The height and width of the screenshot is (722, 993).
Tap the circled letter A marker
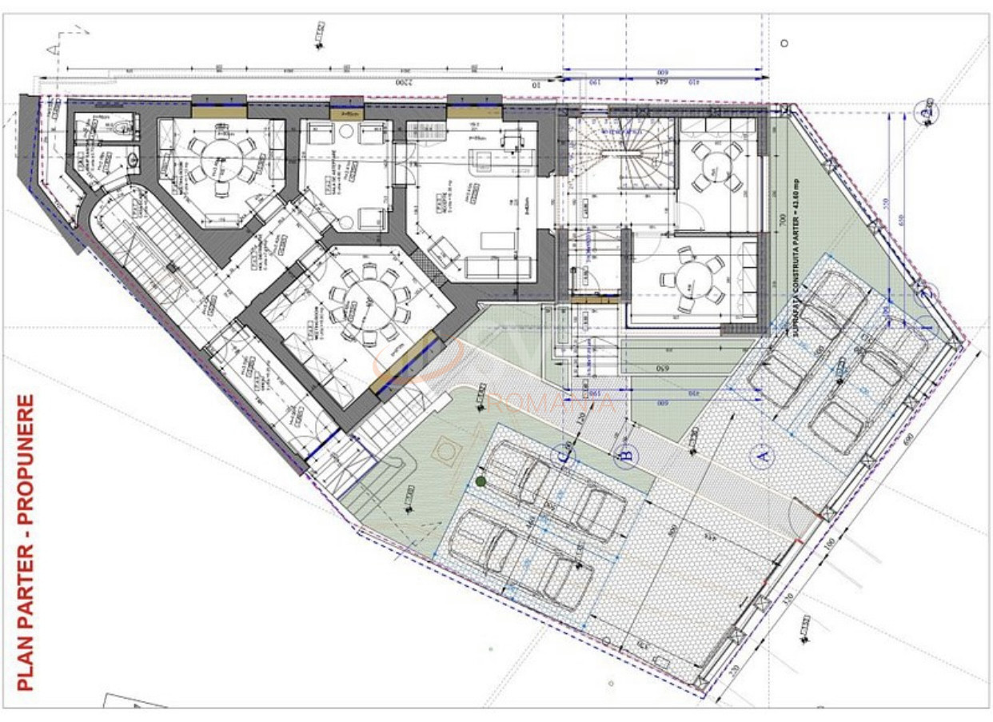(760, 457)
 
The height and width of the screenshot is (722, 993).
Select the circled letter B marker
(627, 457)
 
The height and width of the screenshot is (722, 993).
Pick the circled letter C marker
(566, 456)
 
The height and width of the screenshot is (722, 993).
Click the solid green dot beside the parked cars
(480, 481)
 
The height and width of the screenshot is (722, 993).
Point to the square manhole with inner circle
(445, 453)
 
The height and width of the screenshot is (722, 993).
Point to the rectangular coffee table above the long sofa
(496, 241)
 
